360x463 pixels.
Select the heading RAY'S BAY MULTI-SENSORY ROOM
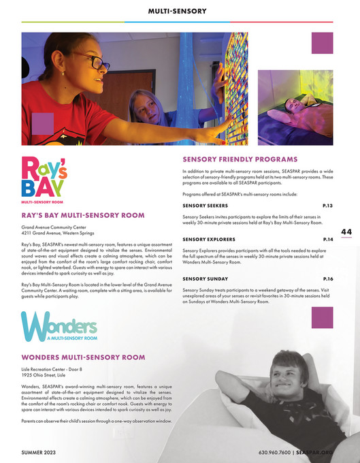[83, 215]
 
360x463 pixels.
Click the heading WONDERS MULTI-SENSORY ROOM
[84, 357]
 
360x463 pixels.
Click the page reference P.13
[327, 205]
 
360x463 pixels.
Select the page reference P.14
[327, 240]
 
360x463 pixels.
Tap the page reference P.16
[327, 279]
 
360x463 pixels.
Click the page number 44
[346, 232]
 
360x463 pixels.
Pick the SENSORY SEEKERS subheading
[206, 205]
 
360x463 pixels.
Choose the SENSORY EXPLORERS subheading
[209, 240]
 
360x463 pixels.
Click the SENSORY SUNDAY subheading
[205, 279]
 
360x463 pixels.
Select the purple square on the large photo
[43, 123]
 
